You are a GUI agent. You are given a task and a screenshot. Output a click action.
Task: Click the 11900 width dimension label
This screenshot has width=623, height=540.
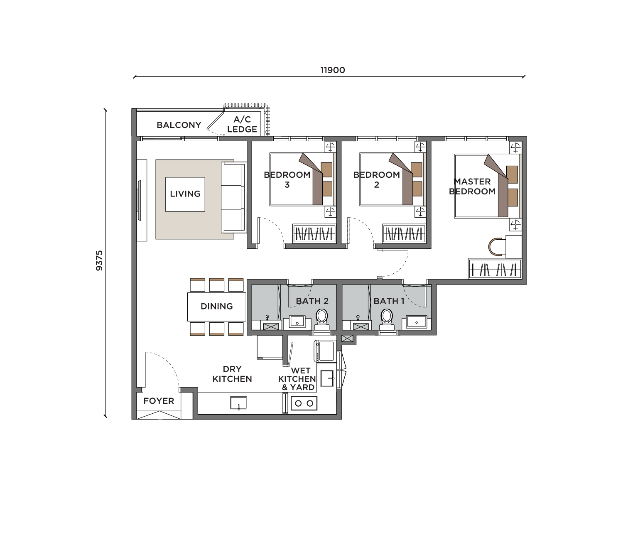pos(332,70)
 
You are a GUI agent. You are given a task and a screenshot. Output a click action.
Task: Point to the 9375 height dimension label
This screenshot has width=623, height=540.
pos(99,260)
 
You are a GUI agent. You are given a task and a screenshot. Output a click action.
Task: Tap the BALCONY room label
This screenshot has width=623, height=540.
pos(179,125)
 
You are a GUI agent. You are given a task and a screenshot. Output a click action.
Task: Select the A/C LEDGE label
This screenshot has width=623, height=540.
pos(242,124)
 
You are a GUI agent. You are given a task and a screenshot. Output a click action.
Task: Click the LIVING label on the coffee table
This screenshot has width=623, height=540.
pos(185,194)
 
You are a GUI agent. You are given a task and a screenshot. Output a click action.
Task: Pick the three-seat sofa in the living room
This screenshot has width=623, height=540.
pos(233,197)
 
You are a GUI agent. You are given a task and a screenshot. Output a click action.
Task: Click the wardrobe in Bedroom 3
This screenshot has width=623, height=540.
pos(314,233)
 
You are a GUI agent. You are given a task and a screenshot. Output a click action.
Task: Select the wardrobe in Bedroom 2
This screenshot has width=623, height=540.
pos(404,233)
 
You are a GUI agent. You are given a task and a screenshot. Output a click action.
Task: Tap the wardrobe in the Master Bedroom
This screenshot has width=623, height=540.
pos(495,268)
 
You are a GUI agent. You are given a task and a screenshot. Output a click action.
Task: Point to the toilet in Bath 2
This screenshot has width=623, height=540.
pos(321,320)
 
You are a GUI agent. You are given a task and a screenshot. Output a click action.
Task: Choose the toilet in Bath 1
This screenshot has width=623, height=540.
pos(386,320)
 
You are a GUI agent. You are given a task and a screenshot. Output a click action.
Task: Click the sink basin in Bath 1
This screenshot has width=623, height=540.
pos(416,322)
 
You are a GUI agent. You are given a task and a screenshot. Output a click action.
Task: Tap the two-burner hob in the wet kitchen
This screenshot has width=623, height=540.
pos(304,403)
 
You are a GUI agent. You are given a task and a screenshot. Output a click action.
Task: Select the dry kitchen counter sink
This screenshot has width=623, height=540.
pos(238,403)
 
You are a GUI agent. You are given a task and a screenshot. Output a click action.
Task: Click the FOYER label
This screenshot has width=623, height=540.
pos(159,401)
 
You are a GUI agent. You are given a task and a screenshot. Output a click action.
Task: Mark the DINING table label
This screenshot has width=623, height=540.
pos(216,306)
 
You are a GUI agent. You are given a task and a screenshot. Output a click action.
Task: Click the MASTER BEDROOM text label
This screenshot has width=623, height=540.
pos(472,187)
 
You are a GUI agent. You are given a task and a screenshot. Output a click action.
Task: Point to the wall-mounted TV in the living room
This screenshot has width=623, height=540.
pos(139,201)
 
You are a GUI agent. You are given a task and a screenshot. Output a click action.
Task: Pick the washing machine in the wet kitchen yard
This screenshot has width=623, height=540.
pos(326,351)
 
